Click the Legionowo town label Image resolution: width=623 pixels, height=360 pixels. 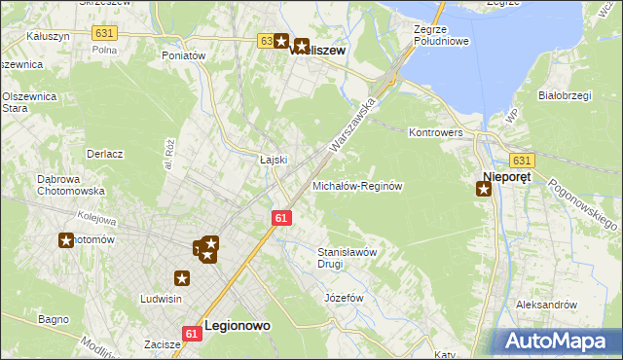[237, 327]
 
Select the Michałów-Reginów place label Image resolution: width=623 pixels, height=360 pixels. [357, 185]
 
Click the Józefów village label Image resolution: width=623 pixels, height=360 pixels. [344, 297]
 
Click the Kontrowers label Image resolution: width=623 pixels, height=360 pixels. [435, 131]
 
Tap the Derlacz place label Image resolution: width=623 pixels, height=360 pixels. [104, 154]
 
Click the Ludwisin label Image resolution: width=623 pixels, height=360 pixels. [163, 299]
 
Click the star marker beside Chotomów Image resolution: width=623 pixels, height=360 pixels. [66, 240]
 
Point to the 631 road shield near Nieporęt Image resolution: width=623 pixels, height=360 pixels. [522, 161]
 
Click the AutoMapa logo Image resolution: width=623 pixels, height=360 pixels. [559, 341]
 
